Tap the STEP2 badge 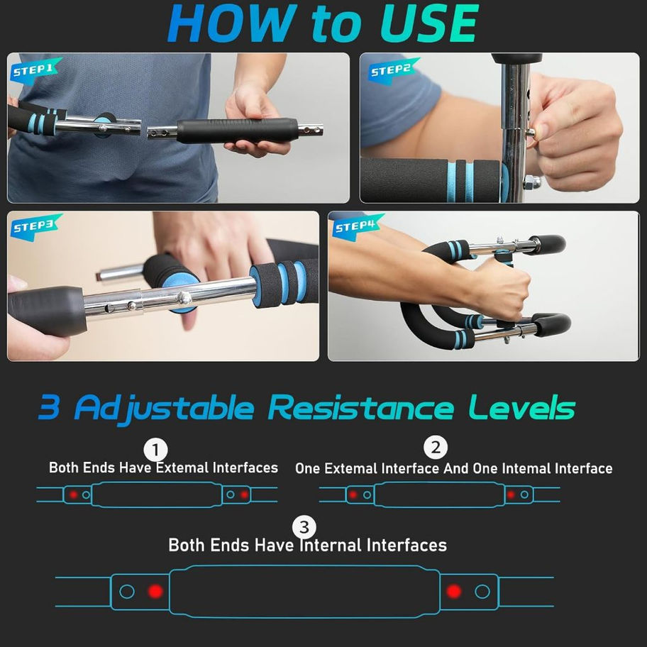click(394, 70)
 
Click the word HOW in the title click(232, 23)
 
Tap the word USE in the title click(429, 23)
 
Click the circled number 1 click(155, 450)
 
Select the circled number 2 click(436, 447)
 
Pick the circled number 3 click(304, 527)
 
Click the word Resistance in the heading click(361, 408)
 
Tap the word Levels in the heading click(522, 407)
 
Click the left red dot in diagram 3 click(155, 591)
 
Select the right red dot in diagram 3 click(453, 591)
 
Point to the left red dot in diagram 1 click(74, 494)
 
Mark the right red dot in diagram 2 click(511, 494)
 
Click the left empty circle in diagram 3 click(127, 591)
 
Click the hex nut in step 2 click(531, 181)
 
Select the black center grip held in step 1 click(238, 131)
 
